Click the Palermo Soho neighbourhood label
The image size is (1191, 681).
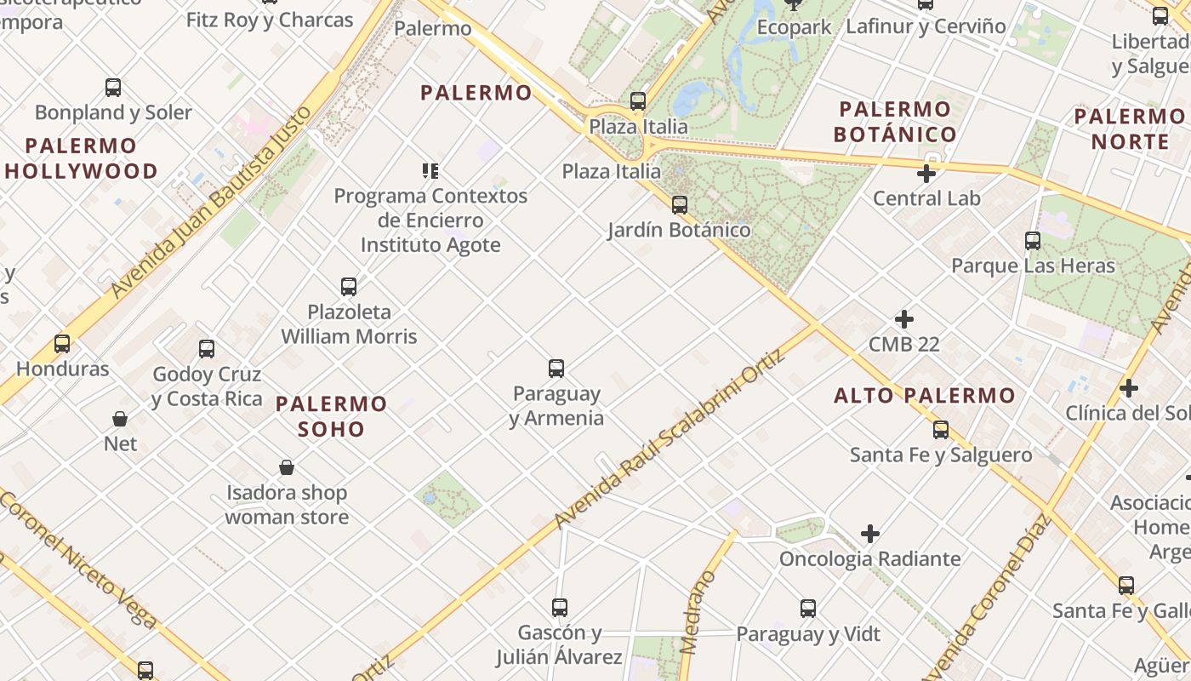click(x=332, y=415)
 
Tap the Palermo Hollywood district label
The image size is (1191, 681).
click(x=81, y=158)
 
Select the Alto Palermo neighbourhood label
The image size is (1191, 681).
click(x=925, y=395)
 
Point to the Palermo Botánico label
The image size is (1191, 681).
click(x=895, y=122)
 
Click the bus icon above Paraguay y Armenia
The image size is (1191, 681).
click(x=556, y=369)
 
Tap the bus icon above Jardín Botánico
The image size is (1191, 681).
click(x=679, y=205)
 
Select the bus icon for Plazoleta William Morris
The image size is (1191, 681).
click(x=349, y=287)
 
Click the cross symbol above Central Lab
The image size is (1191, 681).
click(x=926, y=175)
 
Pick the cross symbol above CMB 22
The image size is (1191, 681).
click(x=904, y=320)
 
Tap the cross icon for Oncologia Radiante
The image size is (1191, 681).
click(x=869, y=534)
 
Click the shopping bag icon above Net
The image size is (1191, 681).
click(x=120, y=419)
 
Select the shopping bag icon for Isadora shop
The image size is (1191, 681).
click(x=287, y=467)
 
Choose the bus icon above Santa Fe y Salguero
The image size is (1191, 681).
click(x=941, y=430)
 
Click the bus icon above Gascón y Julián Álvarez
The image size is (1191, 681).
click(x=559, y=608)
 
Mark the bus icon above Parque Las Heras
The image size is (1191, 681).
click(x=1033, y=241)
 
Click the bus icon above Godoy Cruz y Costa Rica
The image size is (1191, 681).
click(x=207, y=349)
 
